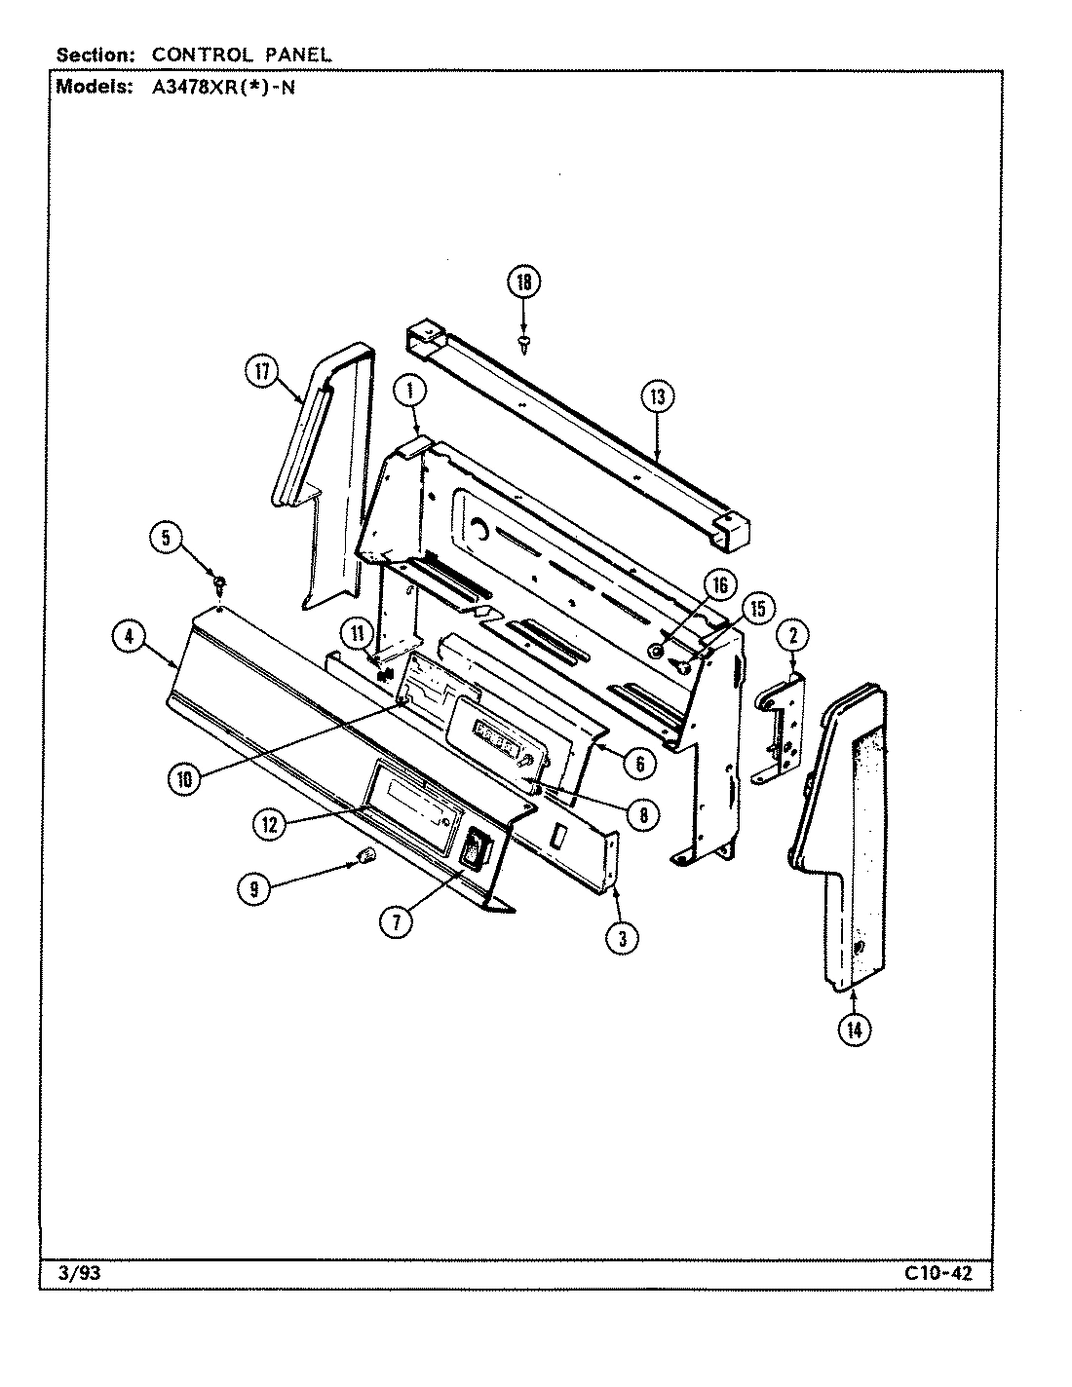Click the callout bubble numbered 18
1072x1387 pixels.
[x=523, y=282]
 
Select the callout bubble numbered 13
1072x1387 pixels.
[x=658, y=396]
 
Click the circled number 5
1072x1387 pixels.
[x=166, y=538]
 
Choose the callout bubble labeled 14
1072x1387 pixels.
[x=854, y=1031]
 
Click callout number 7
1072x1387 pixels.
[x=395, y=921]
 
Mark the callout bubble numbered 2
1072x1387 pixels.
[x=793, y=637]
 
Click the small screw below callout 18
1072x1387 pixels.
[x=524, y=341]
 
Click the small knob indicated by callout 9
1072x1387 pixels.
[x=367, y=856]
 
